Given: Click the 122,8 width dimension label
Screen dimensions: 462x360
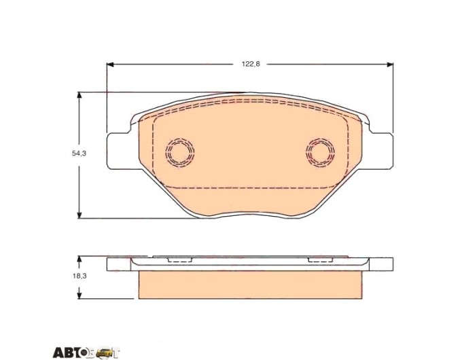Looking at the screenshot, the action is (x=251, y=64).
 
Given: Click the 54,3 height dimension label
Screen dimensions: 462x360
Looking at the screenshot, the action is (x=79, y=154).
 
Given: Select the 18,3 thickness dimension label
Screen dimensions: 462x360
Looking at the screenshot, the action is (x=79, y=276).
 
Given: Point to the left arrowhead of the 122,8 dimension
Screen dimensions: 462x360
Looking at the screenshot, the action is (x=110, y=65).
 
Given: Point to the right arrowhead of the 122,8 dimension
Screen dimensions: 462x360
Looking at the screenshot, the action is (x=390, y=65).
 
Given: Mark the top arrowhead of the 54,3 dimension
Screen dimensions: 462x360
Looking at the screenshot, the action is (x=79, y=96).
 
